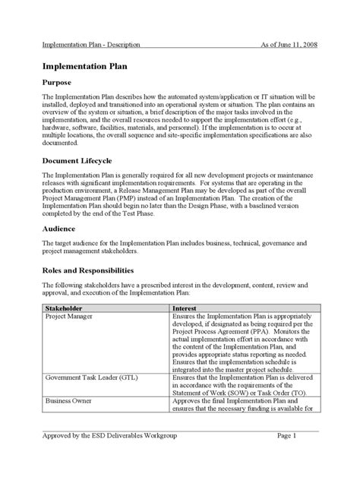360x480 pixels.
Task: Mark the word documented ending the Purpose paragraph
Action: click(62, 142)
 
